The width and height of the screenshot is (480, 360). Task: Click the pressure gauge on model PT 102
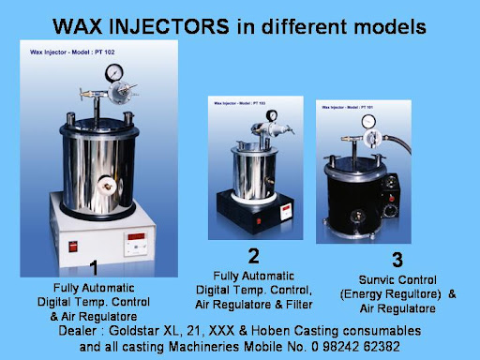(112, 71)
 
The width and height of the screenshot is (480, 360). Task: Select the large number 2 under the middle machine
(253, 255)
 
